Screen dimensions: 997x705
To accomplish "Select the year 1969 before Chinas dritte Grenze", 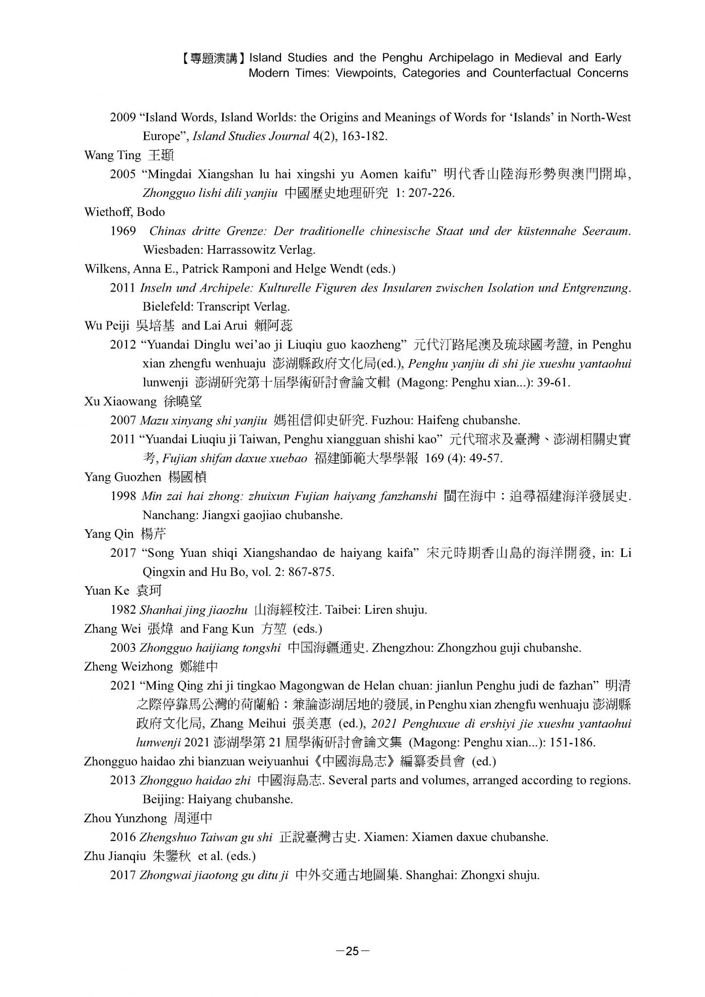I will [123, 231].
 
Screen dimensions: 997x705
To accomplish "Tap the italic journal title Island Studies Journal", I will [251, 136].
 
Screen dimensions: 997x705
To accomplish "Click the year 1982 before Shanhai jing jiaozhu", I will [123, 610].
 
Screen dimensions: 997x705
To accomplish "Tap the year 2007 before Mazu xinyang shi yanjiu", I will [123, 420].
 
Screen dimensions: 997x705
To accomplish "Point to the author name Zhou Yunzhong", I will [125, 818].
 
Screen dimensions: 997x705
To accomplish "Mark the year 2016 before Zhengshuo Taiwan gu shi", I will [123, 837].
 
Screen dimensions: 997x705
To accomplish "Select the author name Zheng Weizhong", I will [128, 667].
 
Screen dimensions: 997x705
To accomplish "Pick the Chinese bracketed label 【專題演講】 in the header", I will [213, 58].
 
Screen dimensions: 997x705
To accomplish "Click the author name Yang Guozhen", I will [123, 477].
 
